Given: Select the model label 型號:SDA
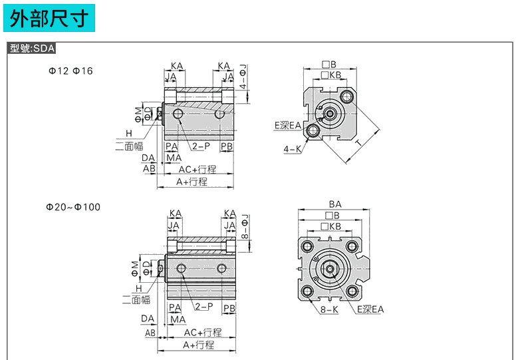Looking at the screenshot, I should point(33,49).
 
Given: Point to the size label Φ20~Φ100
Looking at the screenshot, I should point(73,207).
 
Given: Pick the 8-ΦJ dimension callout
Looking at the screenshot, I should point(245,227).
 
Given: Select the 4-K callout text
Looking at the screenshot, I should point(291,150).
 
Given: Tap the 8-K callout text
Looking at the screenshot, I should point(328,309).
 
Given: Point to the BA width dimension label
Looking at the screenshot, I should point(334,204).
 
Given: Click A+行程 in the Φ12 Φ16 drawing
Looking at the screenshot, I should point(192,181).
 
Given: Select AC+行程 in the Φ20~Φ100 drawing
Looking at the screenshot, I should point(203,332).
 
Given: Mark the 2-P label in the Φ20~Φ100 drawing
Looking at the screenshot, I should point(204,306).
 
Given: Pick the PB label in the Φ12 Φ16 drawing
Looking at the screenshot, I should point(227,146).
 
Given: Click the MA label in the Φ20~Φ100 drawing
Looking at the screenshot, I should point(178,319).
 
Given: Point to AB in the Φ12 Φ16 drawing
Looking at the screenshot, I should point(150,168).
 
